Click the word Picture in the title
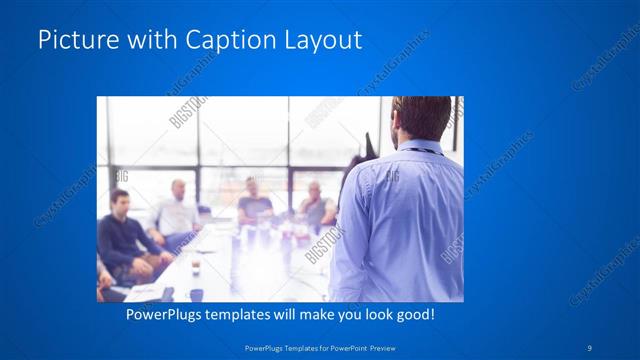pyautogui.click(x=73, y=40)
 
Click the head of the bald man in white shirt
pyautogui.click(x=178, y=189)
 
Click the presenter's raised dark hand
pyautogui.click(x=368, y=145)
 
